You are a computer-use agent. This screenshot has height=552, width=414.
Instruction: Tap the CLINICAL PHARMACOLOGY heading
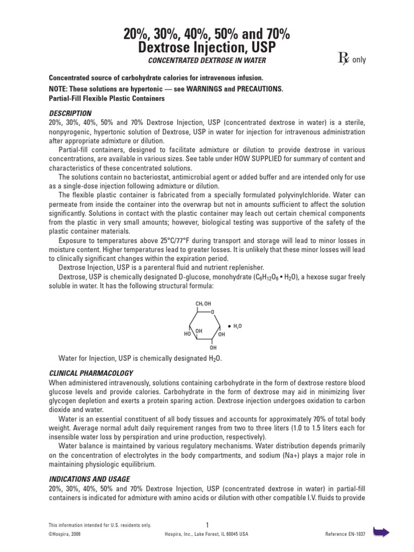[91, 373]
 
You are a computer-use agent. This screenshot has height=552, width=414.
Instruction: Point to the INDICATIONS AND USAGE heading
[89, 479]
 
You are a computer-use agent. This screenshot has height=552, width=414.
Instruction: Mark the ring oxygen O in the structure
[213, 312]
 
